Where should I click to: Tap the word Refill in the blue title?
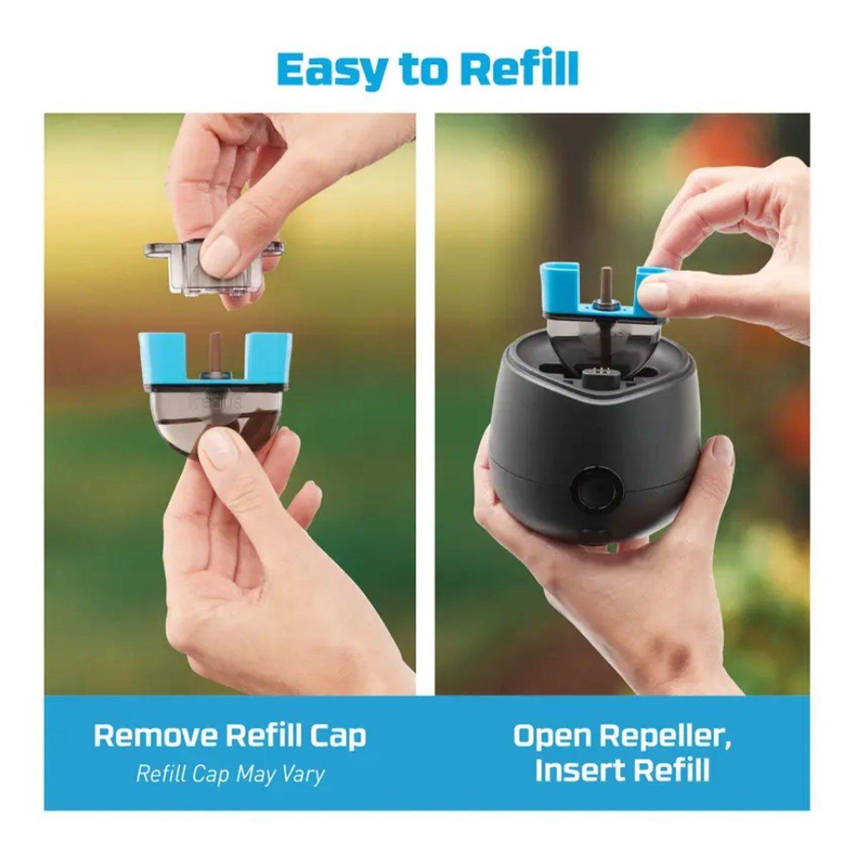520,67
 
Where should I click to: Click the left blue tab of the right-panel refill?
559,285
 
